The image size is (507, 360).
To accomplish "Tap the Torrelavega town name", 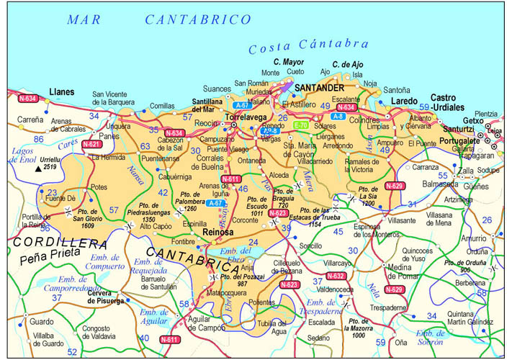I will coord(248,115).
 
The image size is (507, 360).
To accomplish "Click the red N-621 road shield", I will coord(91,144).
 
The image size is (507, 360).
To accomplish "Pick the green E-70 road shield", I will coord(301,125).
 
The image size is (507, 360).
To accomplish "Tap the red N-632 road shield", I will coord(336,276).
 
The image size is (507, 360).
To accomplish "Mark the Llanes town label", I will coord(63,92).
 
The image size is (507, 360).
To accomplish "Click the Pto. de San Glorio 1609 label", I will coord(88,217).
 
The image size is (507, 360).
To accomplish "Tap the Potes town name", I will coord(99,187).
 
